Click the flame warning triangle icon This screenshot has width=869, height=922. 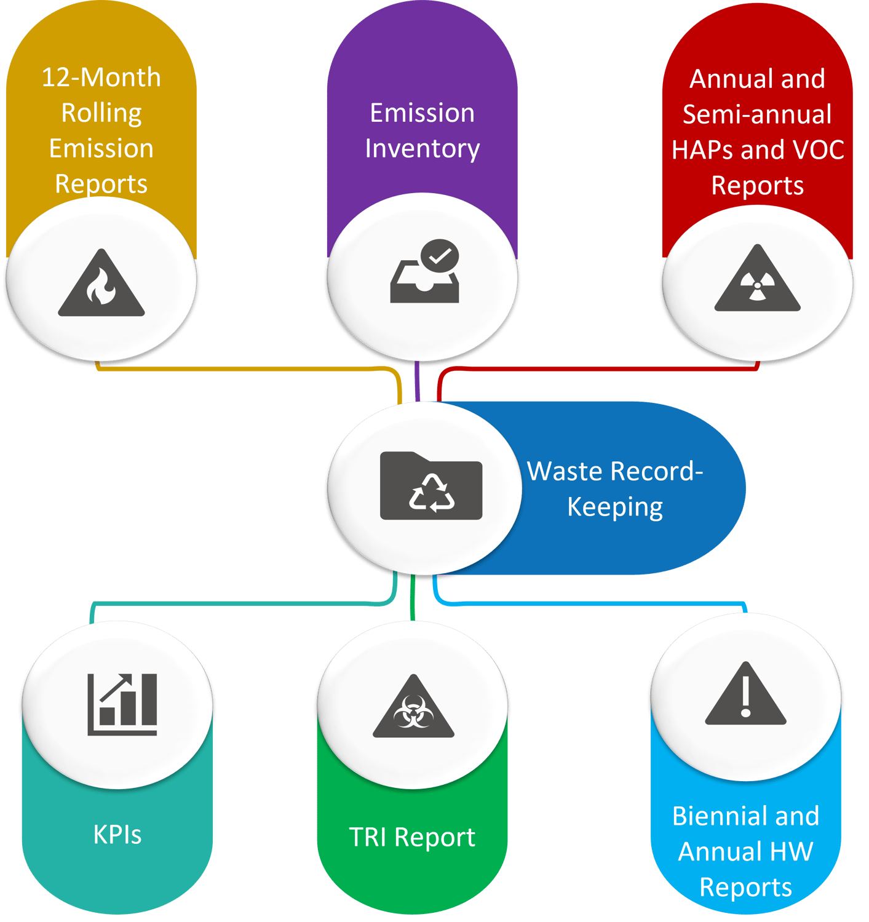[x=101, y=285]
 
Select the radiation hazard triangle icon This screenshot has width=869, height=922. [x=757, y=280]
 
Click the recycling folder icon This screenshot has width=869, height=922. [x=431, y=486]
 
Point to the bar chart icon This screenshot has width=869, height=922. [x=122, y=704]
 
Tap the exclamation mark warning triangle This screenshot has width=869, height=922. [x=745, y=695]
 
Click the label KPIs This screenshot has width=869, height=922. [x=117, y=835]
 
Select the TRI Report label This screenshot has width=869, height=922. [x=412, y=837]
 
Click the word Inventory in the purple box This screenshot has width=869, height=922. [x=423, y=148]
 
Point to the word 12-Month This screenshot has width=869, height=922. [x=101, y=77]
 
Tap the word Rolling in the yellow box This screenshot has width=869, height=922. [x=101, y=113]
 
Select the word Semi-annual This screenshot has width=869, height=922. [x=757, y=114]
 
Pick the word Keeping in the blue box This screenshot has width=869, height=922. [x=615, y=507]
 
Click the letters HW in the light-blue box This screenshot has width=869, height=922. [x=794, y=852]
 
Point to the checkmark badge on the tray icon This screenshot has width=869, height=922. [x=440, y=255]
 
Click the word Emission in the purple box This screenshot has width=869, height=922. [x=423, y=113]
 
